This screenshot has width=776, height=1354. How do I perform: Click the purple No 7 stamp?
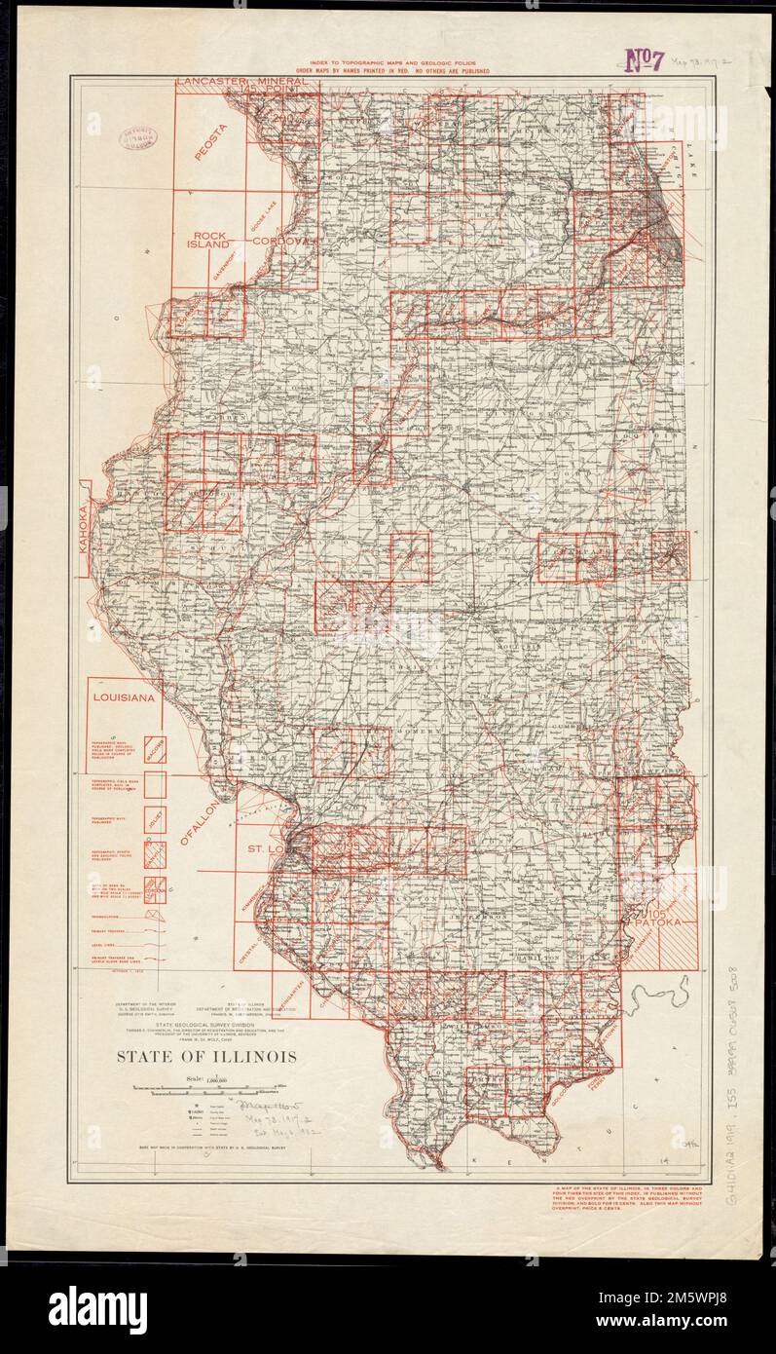click(x=644, y=60)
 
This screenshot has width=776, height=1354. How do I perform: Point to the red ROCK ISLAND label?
click(x=209, y=241)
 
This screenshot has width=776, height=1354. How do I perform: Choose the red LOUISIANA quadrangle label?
click(x=124, y=698)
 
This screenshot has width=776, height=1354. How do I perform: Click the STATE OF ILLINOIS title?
click(x=207, y=1057)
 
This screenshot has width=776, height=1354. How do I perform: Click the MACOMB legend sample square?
click(x=155, y=749)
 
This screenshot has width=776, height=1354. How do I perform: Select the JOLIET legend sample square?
click(x=155, y=819)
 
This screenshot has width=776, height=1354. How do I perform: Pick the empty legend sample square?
click(x=155, y=785)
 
